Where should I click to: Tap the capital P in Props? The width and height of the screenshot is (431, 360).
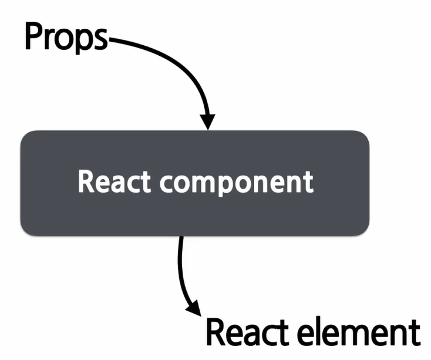coord(33,37)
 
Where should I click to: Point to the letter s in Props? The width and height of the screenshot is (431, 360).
coord(100,40)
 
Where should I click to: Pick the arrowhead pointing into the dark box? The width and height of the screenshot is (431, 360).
coord(207,121)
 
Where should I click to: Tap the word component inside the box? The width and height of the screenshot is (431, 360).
coord(237,183)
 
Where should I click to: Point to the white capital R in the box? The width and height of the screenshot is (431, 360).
coord(86,181)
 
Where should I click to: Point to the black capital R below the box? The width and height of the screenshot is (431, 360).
coord(215,332)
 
